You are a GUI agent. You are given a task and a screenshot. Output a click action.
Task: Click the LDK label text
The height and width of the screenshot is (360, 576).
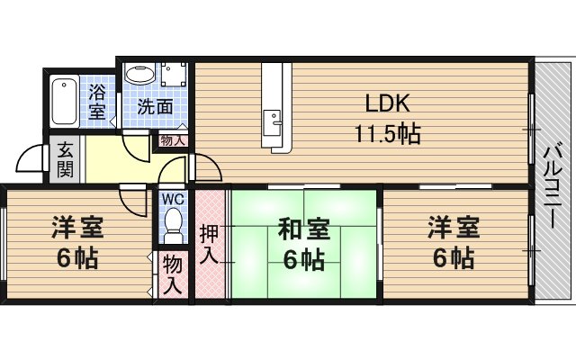(x=387, y=103)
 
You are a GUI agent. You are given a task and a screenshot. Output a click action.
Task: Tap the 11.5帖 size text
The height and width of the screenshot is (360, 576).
(x=387, y=133)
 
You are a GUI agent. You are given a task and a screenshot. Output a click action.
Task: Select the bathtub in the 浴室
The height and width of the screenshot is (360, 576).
(x=64, y=101)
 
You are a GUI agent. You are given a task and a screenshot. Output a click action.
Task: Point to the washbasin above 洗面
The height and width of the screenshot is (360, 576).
(x=140, y=74)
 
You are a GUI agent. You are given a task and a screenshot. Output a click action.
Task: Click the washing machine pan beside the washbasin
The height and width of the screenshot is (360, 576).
(x=174, y=74)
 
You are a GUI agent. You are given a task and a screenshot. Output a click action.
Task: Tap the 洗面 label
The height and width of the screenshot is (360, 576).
(x=155, y=106)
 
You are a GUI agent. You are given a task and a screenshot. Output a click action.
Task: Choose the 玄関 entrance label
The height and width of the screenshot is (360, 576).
(x=65, y=159)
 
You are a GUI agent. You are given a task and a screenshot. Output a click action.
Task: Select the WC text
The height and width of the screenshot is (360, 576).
(x=173, y=199)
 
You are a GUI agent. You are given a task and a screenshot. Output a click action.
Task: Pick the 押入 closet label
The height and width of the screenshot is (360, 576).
(x=209, y=244)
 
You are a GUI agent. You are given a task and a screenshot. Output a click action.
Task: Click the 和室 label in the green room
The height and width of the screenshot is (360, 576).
(x=304, y=229)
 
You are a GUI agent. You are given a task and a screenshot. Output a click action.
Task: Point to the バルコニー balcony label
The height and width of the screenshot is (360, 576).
(x=553, y=186)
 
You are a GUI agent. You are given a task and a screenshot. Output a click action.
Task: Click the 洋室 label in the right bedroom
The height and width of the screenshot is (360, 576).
(x=454, y=228)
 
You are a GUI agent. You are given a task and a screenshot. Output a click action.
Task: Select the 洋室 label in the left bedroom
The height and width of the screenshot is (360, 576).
(x=77, y=228)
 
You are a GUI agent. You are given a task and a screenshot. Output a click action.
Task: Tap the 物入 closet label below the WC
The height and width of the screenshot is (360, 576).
(x=173, y=274)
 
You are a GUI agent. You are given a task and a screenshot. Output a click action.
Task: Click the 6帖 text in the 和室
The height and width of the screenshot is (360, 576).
(x=304, y=259)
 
